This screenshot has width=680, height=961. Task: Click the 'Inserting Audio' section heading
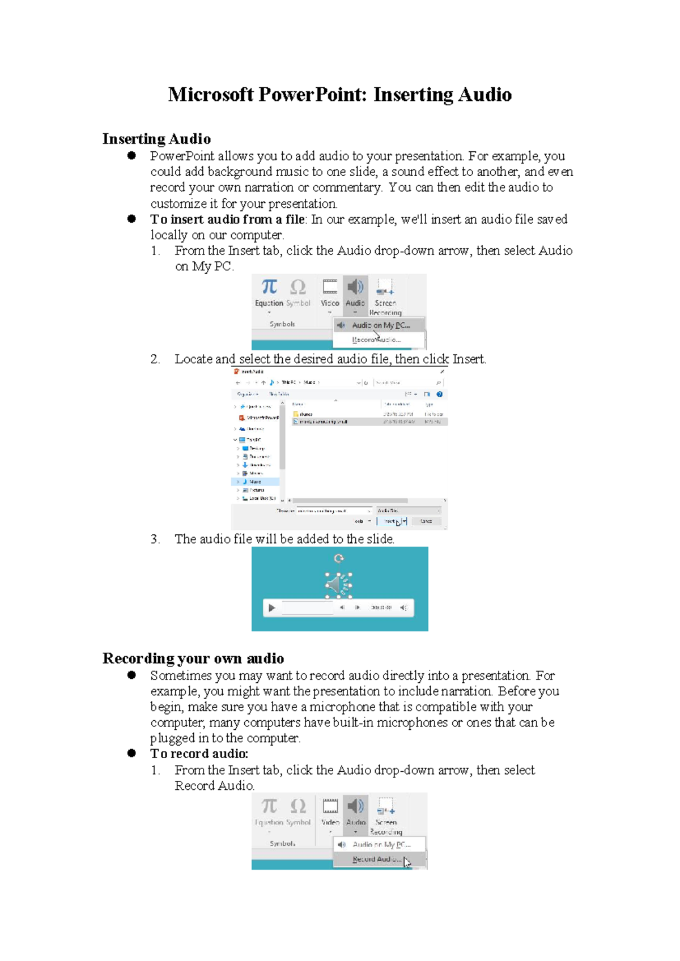(156, 139)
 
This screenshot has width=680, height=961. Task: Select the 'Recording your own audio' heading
(193, 658)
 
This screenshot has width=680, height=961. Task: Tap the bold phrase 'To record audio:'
(199, 754)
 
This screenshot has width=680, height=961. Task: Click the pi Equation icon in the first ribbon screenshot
(269, 287)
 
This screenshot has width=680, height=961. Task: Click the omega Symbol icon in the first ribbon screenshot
(298, 287)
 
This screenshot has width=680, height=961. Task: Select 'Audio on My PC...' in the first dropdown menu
(380, 325)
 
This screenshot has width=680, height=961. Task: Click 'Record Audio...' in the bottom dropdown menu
(376, 860)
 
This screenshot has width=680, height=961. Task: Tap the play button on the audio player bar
(272, 608)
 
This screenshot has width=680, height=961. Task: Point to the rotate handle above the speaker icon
(339, 559)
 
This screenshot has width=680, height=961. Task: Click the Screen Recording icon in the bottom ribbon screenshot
(386, 807)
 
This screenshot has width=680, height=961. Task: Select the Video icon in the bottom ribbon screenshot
(330, 807)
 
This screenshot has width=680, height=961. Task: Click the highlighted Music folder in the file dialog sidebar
(255, 482)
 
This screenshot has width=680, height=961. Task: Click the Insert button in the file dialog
(391, 521)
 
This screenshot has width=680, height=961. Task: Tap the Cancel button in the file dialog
(426, 521)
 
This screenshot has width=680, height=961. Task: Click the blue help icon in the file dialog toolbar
(439, 394)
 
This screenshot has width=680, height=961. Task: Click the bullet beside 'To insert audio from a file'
(131, 219)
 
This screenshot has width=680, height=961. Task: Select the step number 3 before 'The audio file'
(155, 539)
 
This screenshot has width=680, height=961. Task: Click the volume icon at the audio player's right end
(403, 608)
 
